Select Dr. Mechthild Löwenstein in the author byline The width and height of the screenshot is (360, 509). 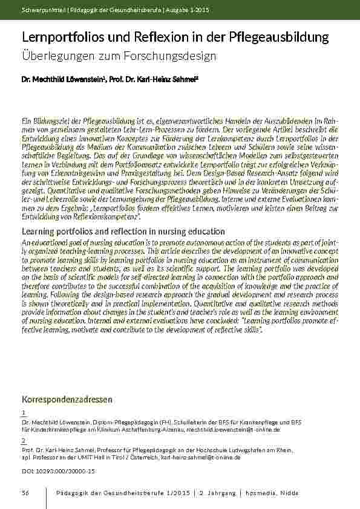[x=57, y=79]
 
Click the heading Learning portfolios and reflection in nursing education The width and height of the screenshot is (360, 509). [x=123, y=232]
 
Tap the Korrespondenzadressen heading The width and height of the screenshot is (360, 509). [x=67, y=400]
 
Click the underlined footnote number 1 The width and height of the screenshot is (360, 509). [x=23, y=412]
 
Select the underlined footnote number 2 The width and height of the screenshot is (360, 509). [x=23, y=441]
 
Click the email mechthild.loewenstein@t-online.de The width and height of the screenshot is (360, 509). [x=234, y=429]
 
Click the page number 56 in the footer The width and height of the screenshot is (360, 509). [x=25, y=493]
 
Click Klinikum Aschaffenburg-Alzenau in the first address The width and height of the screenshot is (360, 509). [x=143, y=429]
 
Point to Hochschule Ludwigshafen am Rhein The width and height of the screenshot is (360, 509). [x=247, y=450]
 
